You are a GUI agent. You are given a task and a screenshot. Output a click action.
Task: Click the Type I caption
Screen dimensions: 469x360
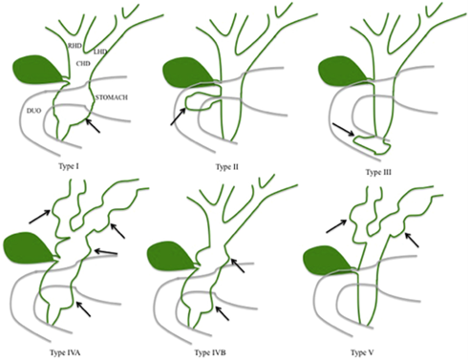point(69,166)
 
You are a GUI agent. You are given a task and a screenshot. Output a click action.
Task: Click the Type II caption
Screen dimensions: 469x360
point(227,167)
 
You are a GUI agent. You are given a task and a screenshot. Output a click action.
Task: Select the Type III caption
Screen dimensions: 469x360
point(378,172)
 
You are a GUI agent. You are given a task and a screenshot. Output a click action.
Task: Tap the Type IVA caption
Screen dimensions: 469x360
point(65,352)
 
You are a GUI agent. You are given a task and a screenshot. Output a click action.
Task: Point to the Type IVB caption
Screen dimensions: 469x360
point(210,352)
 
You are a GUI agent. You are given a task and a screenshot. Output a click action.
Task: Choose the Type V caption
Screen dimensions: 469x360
point(362,352)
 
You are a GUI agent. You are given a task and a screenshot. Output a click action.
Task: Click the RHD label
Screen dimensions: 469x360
point(75,46)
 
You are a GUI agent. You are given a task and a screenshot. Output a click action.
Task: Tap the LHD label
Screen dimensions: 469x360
point(99,52)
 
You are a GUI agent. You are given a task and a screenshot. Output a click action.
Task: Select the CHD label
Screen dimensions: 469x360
point(83,63)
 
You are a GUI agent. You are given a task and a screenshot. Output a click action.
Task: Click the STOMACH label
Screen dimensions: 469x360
point(112,97)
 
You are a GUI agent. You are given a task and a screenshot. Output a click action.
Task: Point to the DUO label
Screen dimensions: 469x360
point(33,111)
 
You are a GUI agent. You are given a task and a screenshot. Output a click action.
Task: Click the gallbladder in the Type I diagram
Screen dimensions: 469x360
point(38,71)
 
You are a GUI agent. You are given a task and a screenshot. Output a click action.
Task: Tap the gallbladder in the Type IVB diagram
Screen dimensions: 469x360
point(172,258)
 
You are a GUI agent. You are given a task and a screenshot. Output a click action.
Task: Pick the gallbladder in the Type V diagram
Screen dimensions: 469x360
point(328,260)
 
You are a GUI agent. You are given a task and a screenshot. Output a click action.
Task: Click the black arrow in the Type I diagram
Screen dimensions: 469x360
point(93,125)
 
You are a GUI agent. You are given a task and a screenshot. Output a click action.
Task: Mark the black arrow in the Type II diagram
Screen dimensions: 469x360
point(179,116)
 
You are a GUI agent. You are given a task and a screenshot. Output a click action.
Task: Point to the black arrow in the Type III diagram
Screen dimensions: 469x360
point(343,129)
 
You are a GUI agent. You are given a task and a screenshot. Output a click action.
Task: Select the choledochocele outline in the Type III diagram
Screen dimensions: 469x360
point(373,145)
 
